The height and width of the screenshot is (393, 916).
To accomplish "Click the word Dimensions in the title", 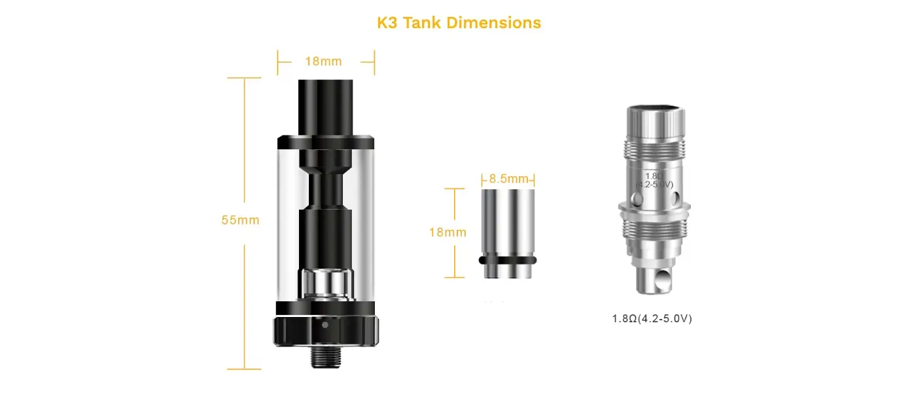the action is click(493, 23).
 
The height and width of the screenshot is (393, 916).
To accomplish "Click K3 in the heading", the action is click(387, 23).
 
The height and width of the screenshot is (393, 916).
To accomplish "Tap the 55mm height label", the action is click(241, 220).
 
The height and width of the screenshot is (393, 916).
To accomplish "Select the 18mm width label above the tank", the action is click(323, 62).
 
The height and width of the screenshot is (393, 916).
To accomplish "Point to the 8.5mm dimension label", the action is click(509, 179).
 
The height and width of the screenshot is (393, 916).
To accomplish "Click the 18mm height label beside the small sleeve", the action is click(448, 233).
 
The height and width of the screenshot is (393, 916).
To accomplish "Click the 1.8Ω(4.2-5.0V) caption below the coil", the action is click(652, 318).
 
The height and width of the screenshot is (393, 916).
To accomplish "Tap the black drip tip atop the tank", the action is click(326, 107).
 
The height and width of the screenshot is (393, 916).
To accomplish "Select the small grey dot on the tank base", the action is click(325, 325).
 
